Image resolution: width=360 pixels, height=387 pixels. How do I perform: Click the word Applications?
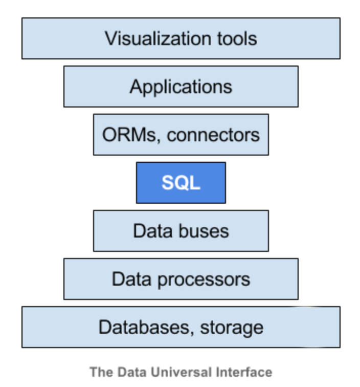point(181,87)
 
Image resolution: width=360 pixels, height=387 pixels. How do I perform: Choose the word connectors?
point(213,135)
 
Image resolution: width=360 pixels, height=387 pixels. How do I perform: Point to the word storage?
point(232,328)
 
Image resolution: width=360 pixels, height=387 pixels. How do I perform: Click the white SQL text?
point(181,183)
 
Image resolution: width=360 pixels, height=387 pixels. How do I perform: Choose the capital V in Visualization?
point(110,38)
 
